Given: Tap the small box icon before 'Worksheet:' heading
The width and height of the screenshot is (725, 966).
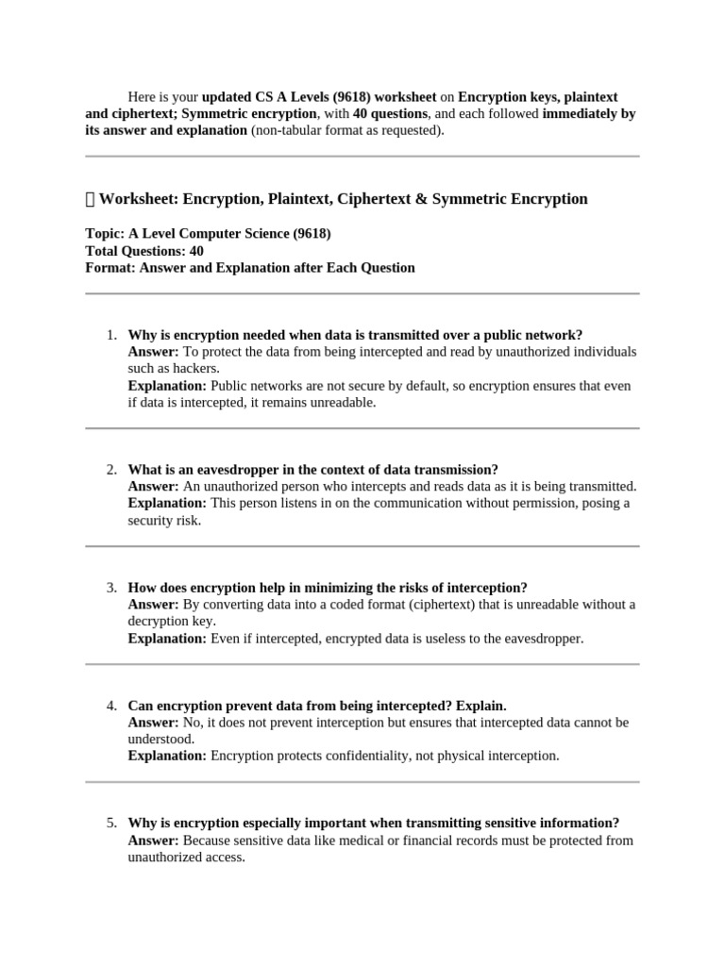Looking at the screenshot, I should point(90,199).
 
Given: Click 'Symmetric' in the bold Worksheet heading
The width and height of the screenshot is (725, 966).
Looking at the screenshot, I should point(476,199).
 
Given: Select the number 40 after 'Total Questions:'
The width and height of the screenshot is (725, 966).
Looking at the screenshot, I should point(195,250).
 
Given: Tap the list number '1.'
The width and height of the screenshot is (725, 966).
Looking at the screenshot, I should point(111,335).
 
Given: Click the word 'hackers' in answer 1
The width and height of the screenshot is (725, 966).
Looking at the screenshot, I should point(195,368).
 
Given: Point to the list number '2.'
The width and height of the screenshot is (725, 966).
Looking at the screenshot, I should point(111,469).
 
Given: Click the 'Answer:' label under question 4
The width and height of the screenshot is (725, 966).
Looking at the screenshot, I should point(153,722).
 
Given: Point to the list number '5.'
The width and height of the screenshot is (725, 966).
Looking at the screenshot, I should point(111,823).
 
